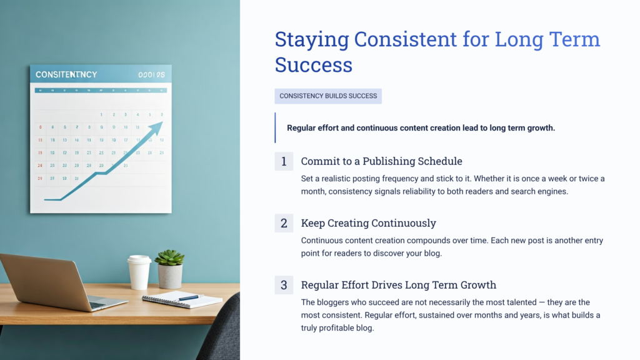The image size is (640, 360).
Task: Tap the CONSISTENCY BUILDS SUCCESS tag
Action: pos(328,96)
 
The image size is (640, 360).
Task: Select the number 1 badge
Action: pos(284,161)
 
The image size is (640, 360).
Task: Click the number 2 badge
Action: pos(284,223)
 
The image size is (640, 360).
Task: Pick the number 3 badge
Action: pos(284,285)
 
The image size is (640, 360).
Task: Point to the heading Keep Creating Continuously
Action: pos(368,223)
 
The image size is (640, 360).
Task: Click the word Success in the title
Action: pos(313,64)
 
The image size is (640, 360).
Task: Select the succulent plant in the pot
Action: pos(169,258)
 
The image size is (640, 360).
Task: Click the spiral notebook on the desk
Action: pos(182,299)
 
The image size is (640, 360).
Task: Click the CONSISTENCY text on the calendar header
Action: pos(66,74)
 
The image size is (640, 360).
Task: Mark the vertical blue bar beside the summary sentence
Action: pos(275,127)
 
